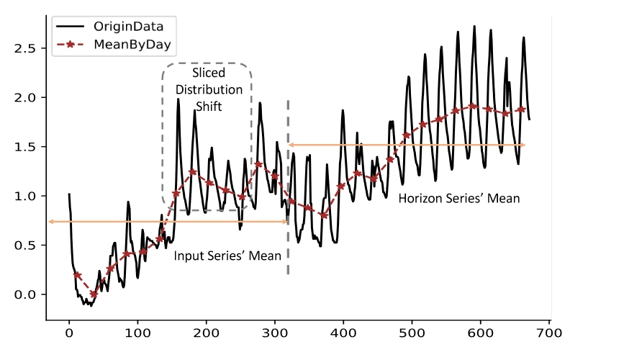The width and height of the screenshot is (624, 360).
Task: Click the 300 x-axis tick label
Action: point(275,333)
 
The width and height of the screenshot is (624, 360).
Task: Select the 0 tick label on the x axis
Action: point(69,333)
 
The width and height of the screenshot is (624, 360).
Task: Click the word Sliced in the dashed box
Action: point(209,73)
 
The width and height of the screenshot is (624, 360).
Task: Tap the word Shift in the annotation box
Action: point(209,106)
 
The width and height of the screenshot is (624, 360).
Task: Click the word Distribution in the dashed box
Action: point(209,89)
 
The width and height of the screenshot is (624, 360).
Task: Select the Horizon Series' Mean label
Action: point(458,197)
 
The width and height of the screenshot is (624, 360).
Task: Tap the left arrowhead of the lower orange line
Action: point(50,222)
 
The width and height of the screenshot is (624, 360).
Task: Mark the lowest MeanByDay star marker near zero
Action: point(94,294)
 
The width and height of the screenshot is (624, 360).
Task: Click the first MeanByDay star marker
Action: point(77,275)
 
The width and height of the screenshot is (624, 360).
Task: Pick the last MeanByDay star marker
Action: point(520,109)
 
